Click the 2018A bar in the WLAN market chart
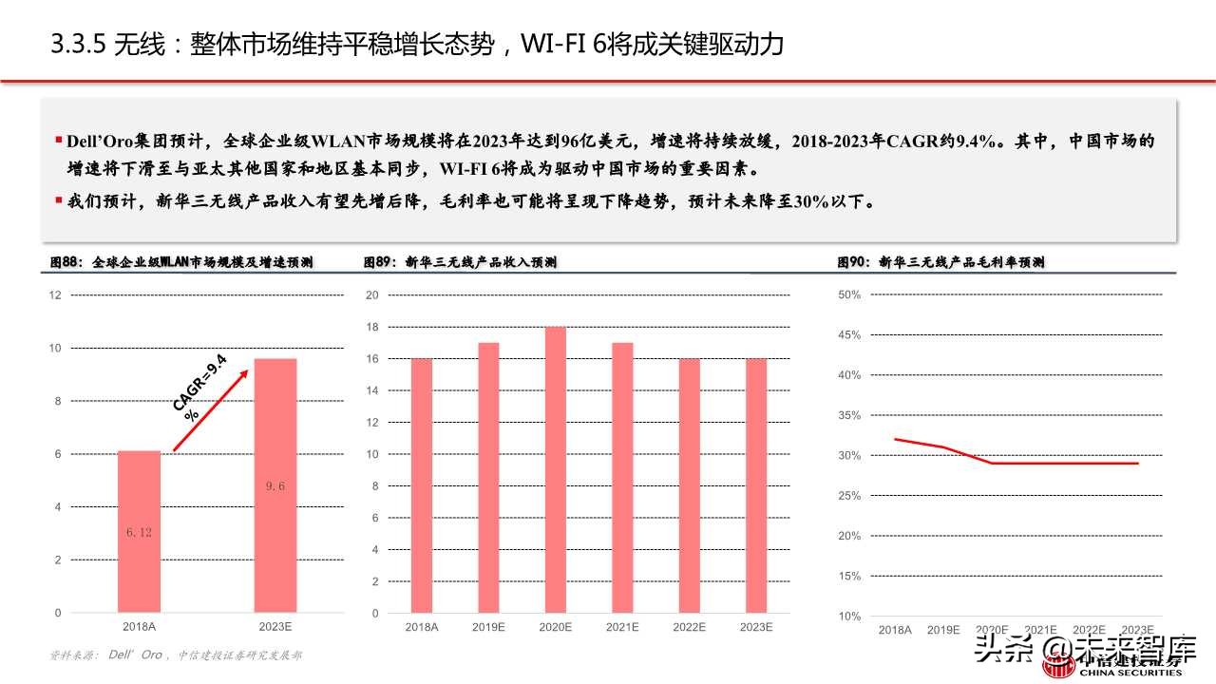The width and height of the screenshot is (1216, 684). coord(139,532)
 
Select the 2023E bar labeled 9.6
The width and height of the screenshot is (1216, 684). coord(275,484)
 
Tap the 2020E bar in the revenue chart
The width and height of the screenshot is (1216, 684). coord(555,470)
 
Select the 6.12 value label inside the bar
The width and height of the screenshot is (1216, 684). coord(139,532)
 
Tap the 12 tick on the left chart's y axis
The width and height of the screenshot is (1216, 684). coord(55,295)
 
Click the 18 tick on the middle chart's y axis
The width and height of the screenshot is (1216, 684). coord(372,327)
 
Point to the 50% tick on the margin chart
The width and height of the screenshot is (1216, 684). coord(849,295)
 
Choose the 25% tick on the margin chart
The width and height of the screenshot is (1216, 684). coord(849,496)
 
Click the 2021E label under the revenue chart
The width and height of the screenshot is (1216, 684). coord(622,628)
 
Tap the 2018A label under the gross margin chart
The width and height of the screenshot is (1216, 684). coord(895,630)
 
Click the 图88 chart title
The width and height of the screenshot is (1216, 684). coord(181,262)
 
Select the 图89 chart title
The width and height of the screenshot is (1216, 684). coord(460,262)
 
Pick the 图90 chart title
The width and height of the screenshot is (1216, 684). coord(940,262)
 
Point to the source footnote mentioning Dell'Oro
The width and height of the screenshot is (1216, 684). coord(177,655)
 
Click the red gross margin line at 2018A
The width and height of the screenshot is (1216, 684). coord(896,440)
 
